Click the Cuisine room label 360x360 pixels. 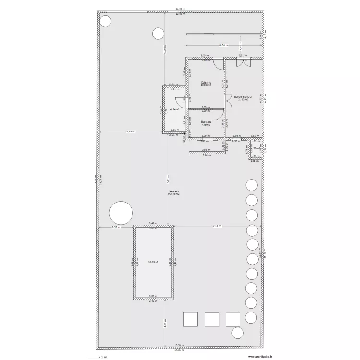point(206,83)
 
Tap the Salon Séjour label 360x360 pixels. point(243,96)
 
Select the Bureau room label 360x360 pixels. point(206,122)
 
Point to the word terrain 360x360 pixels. point(173,191)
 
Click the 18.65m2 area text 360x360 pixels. point(153,262)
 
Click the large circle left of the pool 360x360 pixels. point(121,213)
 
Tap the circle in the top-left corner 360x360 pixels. point(105,21)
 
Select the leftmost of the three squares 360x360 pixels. point(190,319)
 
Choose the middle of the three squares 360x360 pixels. point(212,320)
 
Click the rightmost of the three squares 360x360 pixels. point(233,319)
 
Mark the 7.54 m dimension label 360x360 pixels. point(217,226)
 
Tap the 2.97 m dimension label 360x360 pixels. point(116,227)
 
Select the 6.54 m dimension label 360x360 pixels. point(223,45)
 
